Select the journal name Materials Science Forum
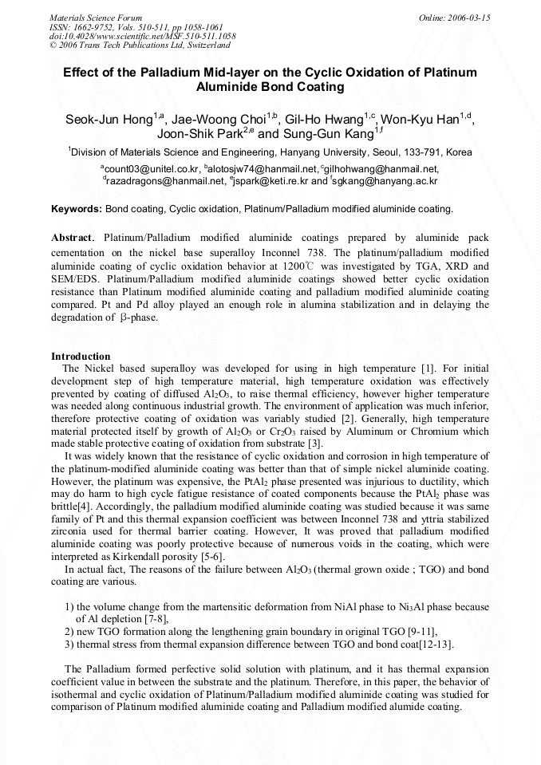[96, 18]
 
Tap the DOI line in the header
[142, 37]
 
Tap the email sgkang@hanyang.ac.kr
[386, 181]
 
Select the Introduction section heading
[81, 356]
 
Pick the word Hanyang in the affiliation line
[321, 152]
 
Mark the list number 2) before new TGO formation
[69, 631]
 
